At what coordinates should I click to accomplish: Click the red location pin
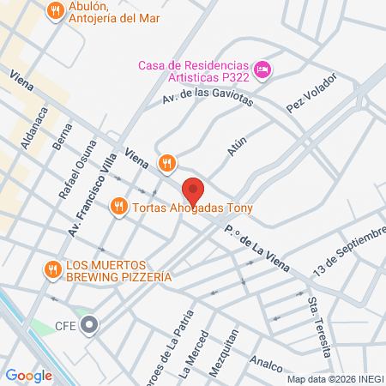pyautogui.click(x=193, y=189)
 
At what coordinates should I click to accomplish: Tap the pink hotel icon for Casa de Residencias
pyautogui.click(x=263, y=68)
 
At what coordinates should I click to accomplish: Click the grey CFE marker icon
pyautogui.click(x=89, y=325)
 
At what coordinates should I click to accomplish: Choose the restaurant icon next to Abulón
pyautogui.click(x=56, y=11)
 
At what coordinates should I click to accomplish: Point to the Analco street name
pyautogui.click(x=268, y=365)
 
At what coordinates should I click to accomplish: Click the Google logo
pyautogui.click(x=28, y=375)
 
